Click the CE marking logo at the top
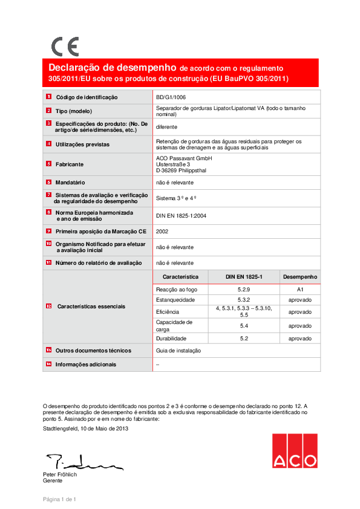tap(64, 47)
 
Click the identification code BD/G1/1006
tap(171, 97)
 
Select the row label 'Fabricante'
tap(70, 164)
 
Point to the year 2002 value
tap(162, 231)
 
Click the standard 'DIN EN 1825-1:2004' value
tap(181, 215)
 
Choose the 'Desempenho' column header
tap(299, 276)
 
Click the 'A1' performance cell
tap(299, 290)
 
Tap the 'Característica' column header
tap(180, 276)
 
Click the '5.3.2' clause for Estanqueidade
tap(244, 300)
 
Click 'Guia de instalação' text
tap(178, 351)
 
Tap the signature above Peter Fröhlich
tap(82, 462)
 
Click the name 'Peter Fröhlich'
tap(60, 475)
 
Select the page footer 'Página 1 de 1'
tap(59, 499)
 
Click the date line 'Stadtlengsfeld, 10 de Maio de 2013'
tap(86, 428)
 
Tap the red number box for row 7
tap(48, 195)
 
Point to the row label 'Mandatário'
tap(70, 181)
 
